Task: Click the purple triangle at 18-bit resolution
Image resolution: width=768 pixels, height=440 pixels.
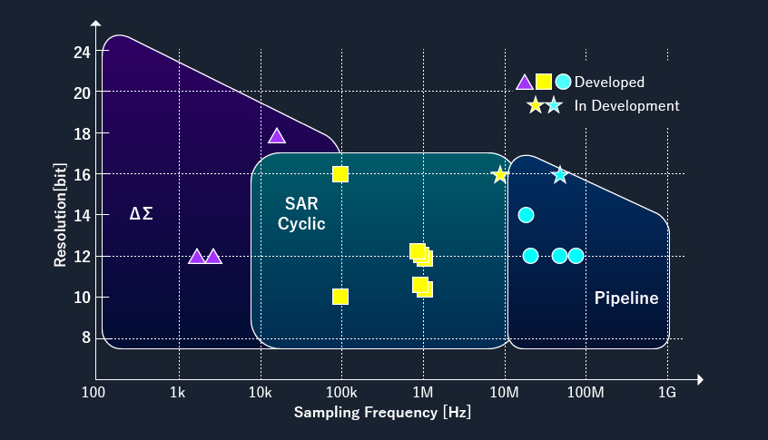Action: (277, 136)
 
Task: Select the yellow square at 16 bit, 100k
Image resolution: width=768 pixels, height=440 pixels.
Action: (340, 174)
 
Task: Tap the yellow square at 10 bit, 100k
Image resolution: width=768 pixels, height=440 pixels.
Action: (340, 297)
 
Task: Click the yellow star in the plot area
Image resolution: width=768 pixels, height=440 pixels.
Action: (499, 175)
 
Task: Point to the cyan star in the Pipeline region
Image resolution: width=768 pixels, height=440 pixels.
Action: (560, 175)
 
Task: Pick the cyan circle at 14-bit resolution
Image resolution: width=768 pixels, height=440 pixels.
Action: (526, 215)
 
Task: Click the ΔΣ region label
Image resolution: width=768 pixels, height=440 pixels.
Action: (141, 213)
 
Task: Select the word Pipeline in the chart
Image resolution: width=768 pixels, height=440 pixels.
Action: (626, 298)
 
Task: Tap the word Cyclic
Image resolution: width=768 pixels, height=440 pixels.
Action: (301, 224)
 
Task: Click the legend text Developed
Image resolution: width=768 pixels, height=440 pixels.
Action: (609, 83)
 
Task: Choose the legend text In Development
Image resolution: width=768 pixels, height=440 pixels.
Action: (627, 106)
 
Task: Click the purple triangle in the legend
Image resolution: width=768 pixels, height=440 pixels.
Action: (525, 83)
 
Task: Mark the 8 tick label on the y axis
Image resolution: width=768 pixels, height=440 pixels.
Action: (86, 337)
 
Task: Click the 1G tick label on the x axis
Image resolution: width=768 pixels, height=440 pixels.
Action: (667, 392)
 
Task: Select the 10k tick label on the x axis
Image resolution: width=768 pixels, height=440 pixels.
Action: (260, 392)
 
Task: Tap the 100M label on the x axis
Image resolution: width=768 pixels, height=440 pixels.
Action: (586, 392)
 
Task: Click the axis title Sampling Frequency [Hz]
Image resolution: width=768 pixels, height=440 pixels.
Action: (382, 412)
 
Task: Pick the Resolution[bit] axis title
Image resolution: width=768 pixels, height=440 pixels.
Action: (60, 215)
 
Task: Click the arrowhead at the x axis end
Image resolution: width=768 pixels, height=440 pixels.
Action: (701, 379)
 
